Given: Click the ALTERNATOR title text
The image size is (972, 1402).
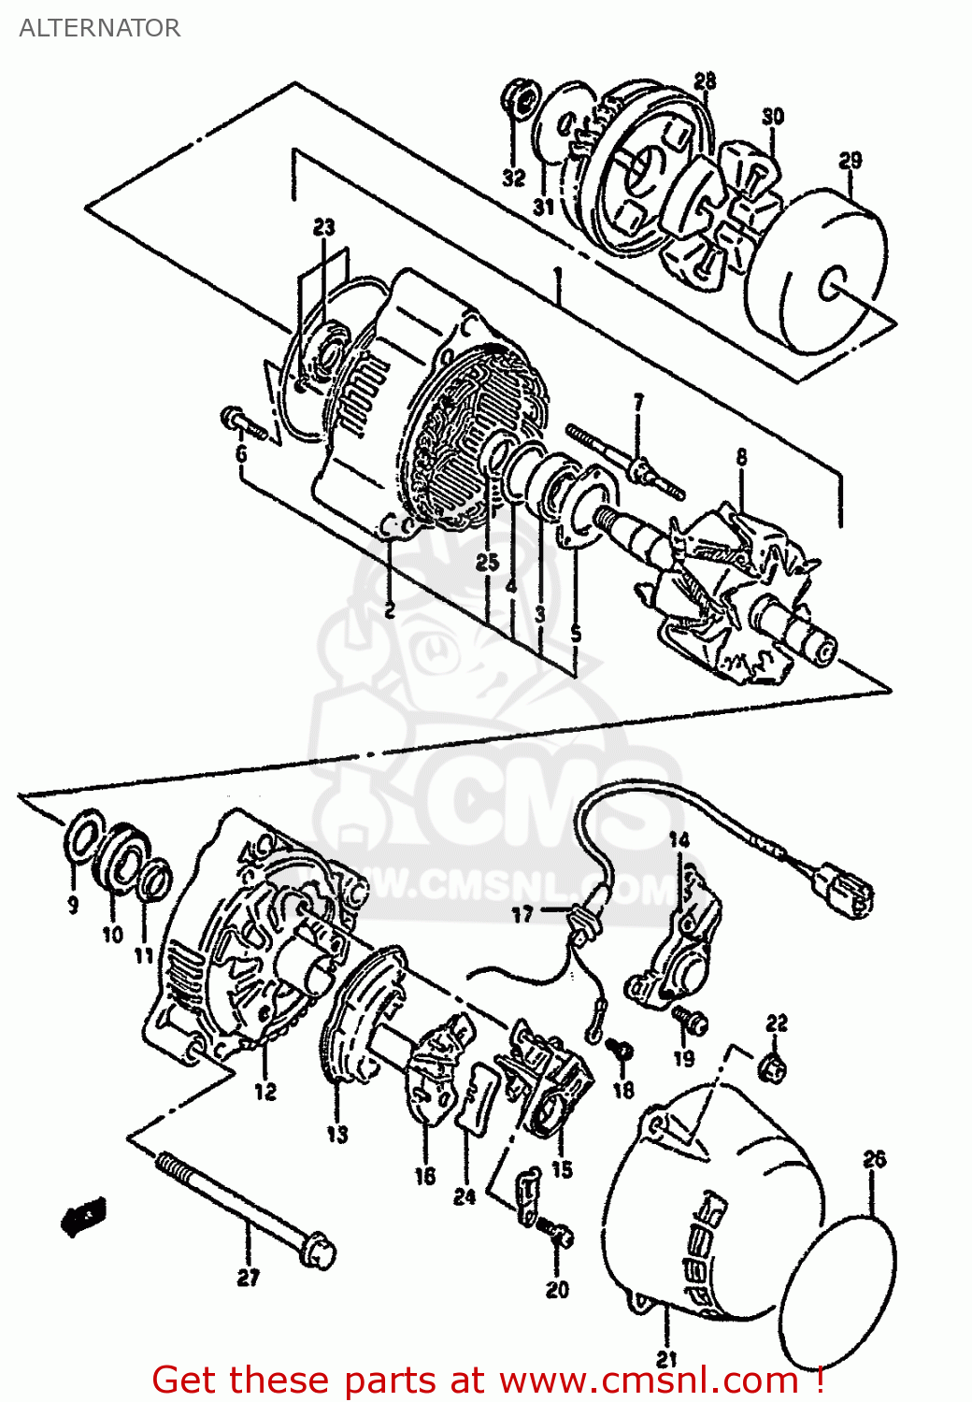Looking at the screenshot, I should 99,28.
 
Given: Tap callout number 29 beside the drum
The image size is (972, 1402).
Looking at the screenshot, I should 850,161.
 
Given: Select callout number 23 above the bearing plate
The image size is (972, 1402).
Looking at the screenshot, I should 323,227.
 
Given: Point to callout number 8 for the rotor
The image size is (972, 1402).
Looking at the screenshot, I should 741,457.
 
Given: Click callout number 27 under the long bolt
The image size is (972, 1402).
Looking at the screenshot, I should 248,1277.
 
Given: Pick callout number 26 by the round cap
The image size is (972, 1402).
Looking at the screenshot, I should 874,1159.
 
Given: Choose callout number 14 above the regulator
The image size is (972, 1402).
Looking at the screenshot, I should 679,840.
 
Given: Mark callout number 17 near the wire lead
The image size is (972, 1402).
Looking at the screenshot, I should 522,914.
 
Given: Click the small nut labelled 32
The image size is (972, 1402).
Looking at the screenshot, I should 519,98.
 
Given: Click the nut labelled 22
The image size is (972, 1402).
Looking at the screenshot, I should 774,1066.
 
